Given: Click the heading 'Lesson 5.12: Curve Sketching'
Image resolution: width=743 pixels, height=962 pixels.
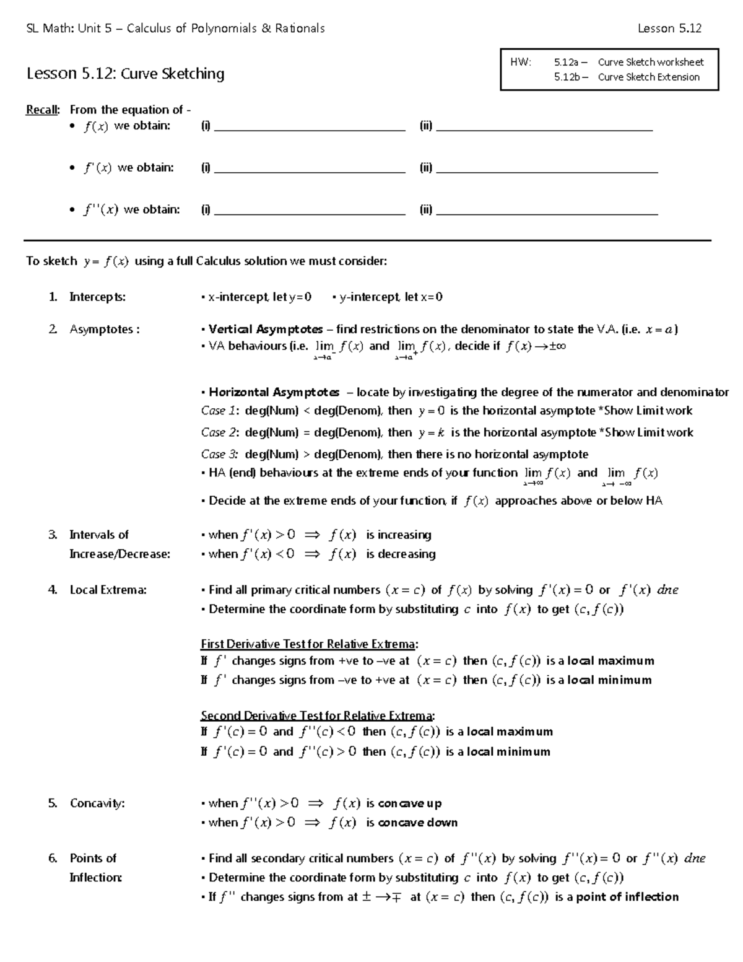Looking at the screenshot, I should (x=125, y=74).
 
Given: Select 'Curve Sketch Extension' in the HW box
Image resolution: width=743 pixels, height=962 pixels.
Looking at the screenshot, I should (x=648, y=77).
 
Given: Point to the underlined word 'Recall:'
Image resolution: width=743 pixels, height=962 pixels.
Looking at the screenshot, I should (x=43, y=110).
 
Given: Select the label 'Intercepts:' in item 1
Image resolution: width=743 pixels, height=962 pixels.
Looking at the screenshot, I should (x=97, y=297).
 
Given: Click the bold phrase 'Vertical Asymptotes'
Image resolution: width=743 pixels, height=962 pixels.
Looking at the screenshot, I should (x=266, y=330).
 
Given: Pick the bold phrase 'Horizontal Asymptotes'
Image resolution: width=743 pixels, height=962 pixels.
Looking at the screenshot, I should (x=274, y=392).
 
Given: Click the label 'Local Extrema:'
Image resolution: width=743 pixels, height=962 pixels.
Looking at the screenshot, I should (x=108, y=590).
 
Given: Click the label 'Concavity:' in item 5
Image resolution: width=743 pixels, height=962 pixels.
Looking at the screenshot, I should (x=97, y=803).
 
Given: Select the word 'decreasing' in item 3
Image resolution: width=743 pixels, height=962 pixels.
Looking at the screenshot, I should (x=401, y=554).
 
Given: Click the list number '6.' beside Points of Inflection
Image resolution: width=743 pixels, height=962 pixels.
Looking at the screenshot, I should (x=53, y=858).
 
